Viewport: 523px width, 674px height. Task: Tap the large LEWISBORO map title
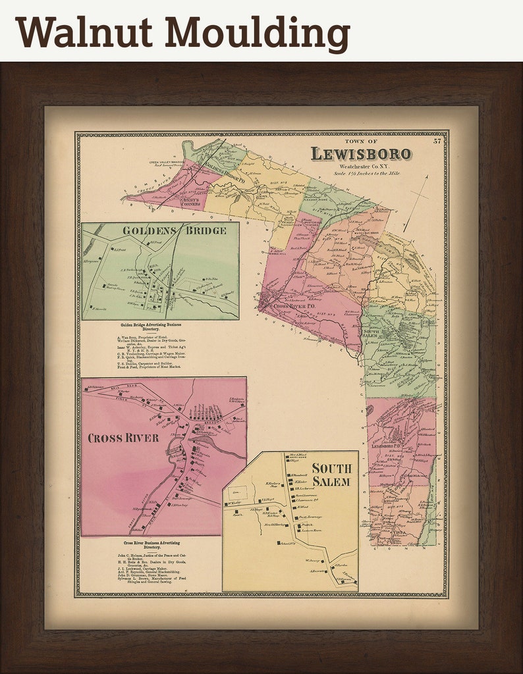(x=361, y=154)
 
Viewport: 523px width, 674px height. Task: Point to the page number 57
(x=437, y=140)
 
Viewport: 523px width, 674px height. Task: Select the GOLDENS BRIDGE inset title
(x=174, y=230)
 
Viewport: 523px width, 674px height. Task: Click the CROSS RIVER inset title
(x=124, y=438)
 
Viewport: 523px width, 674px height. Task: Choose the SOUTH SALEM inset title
(x=332, y=475)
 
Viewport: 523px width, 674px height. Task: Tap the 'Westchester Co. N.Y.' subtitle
(x=361, y=167)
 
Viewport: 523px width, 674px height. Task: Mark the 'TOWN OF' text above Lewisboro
(x=361, y=142)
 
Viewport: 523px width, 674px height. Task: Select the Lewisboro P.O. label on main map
(x=391, y=446)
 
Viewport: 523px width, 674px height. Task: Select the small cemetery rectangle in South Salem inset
(x=235, y=492)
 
